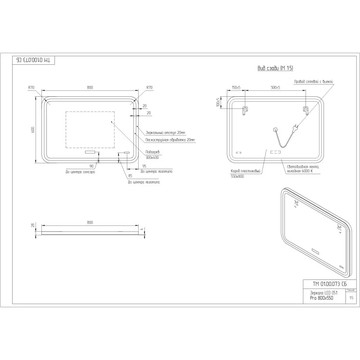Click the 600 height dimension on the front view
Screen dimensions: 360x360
click(33, 130)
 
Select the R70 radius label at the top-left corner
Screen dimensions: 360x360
click(31, 88)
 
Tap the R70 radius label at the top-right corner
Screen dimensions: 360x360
click(149, 88)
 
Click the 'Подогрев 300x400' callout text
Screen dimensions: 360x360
click(153, 154)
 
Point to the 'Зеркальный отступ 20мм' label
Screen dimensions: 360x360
click(165, 133)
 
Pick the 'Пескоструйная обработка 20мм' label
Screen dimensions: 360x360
click(170, 140)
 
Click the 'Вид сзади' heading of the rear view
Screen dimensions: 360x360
click(275, 68)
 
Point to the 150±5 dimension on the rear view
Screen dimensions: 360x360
click(236, 88)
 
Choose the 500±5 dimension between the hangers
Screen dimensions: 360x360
click(275, 88)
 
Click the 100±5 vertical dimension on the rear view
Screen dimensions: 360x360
click(218, 103)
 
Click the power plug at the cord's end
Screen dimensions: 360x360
click(295, 128)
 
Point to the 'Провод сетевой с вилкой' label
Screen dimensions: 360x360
click(313, 81)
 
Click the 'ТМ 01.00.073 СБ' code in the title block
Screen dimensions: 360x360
click(330, 283)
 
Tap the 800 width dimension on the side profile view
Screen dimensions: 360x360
click(90, 222)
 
